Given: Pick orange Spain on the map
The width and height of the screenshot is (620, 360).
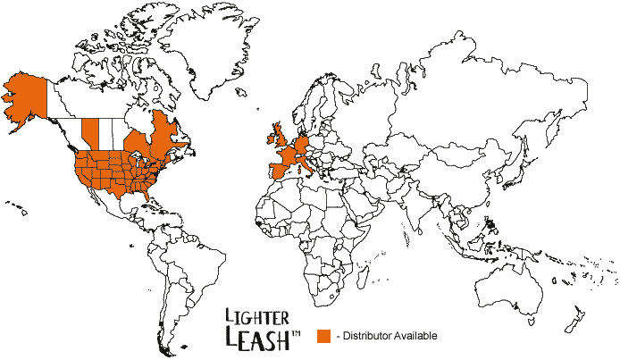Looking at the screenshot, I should pos(275,171).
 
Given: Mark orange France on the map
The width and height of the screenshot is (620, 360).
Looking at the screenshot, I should pos(289,155).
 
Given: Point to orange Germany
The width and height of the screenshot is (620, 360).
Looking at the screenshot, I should pos(304,143).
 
